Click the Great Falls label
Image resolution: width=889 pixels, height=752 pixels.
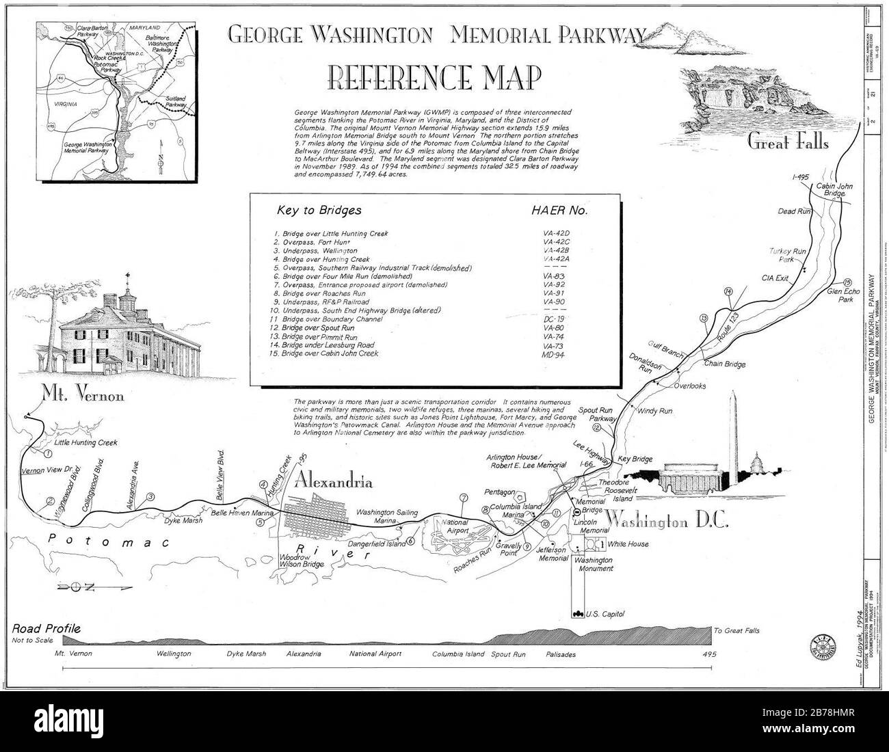787,142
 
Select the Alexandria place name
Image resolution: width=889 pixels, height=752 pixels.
333,481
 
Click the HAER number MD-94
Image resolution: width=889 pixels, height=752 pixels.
556,353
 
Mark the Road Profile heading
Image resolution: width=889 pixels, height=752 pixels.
47,628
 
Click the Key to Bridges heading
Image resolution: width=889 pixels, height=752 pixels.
319,211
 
